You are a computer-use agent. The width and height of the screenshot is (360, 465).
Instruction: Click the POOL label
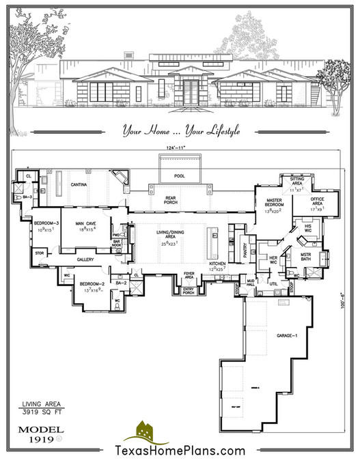coord(180,176)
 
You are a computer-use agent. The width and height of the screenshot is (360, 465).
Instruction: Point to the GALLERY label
coord(85,260)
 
